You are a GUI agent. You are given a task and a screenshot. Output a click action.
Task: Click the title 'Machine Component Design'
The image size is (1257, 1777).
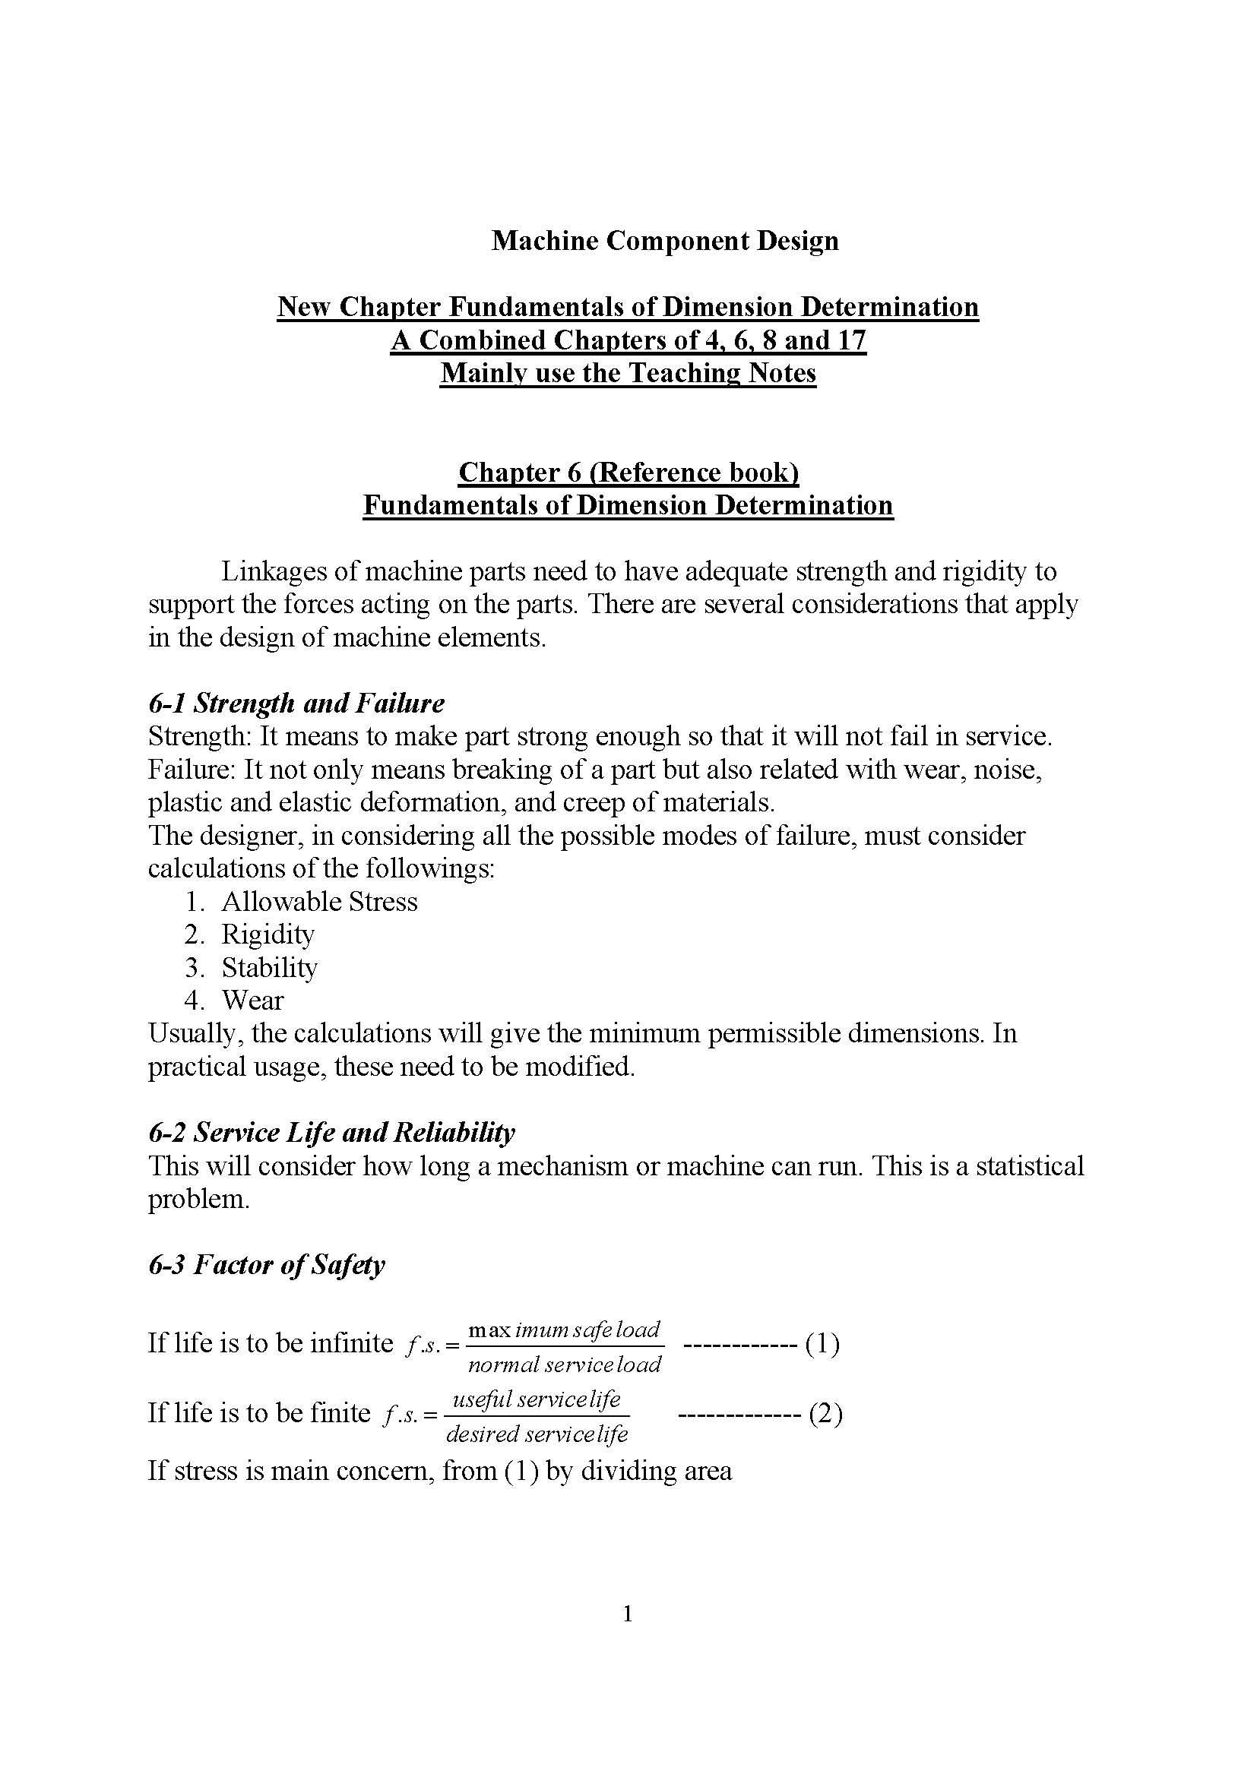665,242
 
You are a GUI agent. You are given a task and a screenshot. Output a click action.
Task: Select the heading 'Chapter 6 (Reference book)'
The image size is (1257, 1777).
628,472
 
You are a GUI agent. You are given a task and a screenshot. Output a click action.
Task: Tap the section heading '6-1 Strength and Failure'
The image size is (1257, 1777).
296,703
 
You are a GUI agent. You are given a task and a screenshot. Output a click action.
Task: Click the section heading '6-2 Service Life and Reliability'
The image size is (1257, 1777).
331,1132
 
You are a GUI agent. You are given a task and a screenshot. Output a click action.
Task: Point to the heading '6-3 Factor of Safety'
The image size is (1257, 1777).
266,1265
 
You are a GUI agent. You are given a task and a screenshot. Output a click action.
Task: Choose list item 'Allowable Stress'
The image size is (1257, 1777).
319,902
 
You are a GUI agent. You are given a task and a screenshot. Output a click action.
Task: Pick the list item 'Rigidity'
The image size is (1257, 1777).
268,935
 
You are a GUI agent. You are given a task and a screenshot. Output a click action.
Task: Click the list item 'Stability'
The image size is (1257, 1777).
269,967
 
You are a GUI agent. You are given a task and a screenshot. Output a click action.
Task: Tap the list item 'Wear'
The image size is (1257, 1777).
252,1001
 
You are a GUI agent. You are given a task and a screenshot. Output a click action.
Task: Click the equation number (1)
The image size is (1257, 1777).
822,1344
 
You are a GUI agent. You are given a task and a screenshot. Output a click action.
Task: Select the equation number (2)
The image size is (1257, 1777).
825,1414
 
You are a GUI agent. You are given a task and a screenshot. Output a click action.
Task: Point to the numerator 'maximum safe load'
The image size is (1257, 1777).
564,1330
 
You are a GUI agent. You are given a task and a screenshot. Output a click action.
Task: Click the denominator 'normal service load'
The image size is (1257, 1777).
564,1364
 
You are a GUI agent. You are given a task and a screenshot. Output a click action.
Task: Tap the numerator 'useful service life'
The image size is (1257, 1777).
536,1399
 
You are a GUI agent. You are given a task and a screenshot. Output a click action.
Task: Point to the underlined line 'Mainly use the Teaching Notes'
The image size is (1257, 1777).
628,374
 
